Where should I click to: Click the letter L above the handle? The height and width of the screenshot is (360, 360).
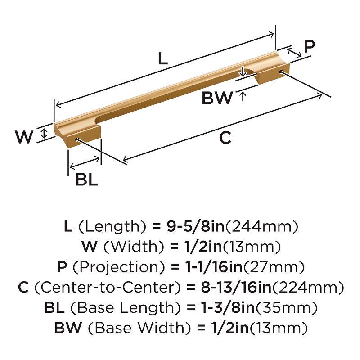tap(162, 59)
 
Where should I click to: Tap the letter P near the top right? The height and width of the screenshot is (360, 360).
tap(309, 46)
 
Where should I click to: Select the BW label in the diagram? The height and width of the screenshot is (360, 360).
tap(217, 98)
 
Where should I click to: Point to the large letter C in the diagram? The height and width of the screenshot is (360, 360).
tap(225, 138)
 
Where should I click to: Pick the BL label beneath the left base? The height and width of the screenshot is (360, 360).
tap(86, 180)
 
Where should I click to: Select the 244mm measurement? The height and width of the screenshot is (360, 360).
tap(261, 226)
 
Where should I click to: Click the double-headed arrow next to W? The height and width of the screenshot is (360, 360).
tap(44, 133)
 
